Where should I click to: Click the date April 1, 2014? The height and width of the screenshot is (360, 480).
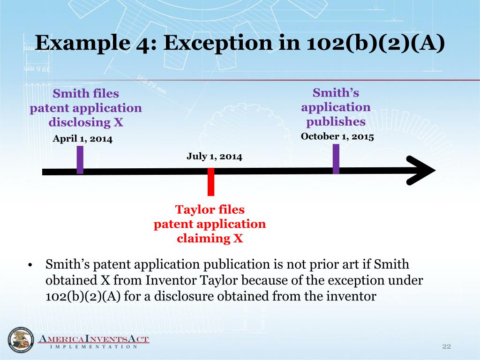click(x=82, y=139)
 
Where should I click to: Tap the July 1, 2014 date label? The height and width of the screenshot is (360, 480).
click(x=214, y=157)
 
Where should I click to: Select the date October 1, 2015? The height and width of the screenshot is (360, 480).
click(x=337, y=136)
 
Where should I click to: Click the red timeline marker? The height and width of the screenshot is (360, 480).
click(x=211, y=181)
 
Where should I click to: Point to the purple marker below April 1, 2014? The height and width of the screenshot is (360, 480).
click(x=80, y=160)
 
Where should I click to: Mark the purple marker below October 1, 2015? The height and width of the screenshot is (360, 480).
click(x=336, y=159)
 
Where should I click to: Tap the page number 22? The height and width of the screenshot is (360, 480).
click(x=446, y=346)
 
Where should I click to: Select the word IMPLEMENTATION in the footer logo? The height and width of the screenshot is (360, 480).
click(x=94, y=347)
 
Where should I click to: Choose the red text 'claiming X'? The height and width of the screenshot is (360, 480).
click(x=210, y=238)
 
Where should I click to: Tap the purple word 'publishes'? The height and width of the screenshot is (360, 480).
click(x=336, y=122)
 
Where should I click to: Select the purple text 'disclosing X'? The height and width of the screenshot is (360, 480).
click(x=86, y=122)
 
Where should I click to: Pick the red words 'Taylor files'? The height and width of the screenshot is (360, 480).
click(x=210, y=209)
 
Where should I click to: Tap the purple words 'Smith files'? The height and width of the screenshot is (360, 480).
click(x=86, y=93)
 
